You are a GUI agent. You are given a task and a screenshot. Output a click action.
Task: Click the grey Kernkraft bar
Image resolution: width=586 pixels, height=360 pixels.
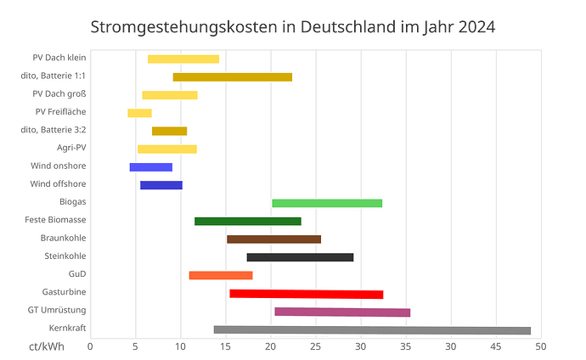[x=372, y=330]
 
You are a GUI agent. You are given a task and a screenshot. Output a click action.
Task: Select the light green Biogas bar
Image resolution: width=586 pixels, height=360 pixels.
[x=327, y=203]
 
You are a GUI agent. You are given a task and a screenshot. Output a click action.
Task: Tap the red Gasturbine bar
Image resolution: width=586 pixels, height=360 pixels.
[x=307, y=294]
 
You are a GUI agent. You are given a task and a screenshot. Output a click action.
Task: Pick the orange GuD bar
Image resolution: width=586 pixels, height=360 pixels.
[x=220, y=275]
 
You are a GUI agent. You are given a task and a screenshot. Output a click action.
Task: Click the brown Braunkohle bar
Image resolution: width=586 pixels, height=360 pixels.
[x=273, y=239]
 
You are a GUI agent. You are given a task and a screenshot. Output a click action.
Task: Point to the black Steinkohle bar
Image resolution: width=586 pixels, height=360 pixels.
[x=300, y=257]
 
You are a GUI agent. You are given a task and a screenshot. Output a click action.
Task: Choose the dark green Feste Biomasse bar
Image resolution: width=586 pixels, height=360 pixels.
[x=247, y=222]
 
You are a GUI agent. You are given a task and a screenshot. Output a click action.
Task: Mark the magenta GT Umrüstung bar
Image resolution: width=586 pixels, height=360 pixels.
[x=342, y=312]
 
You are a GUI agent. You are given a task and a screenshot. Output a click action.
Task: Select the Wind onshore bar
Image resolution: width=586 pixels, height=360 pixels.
[x=150, y=167]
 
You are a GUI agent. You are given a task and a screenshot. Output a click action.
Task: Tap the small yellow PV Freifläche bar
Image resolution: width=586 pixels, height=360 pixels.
[x=139, y=113]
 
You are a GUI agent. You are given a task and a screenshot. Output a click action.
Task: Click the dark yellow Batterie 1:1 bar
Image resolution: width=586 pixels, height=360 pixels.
[x=232, y=77]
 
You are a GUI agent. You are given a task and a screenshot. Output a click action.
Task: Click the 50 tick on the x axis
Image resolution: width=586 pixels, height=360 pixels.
[x=541, y=346]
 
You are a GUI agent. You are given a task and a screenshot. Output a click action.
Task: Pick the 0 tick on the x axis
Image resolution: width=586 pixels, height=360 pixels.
[x=91, y=346]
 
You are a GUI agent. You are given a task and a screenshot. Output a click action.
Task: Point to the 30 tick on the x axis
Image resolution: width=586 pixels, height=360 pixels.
[x=361, y=346]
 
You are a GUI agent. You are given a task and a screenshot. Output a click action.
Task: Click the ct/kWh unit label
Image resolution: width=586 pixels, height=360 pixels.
[x=42, y=346]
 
